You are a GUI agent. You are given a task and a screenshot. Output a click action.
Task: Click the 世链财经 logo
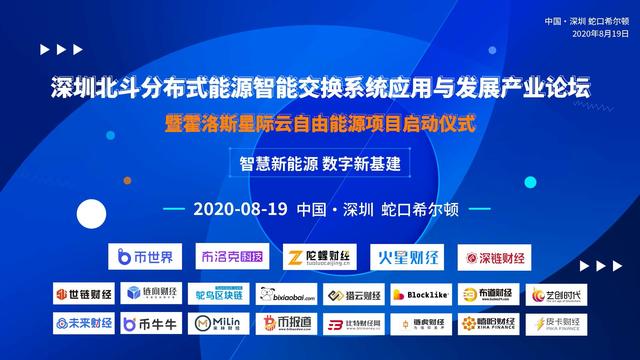(84, 295)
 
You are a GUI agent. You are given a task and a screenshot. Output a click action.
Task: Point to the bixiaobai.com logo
(287, 295)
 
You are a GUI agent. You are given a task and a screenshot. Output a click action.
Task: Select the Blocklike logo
(421, 295)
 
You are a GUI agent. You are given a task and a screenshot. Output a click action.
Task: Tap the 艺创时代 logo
(556, 295)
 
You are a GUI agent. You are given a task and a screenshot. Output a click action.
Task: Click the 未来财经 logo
(84, 324)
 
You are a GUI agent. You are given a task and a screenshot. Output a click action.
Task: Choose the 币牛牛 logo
(151, 324)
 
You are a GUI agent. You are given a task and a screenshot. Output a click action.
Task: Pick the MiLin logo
(219, 324)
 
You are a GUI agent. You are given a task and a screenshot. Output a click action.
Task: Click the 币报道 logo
(287, 324)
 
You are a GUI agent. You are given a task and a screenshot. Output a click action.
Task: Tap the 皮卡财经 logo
(556, 324)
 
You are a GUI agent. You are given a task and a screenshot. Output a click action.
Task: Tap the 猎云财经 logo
(354, 295)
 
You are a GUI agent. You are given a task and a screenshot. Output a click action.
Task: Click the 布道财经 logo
(488, 295)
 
